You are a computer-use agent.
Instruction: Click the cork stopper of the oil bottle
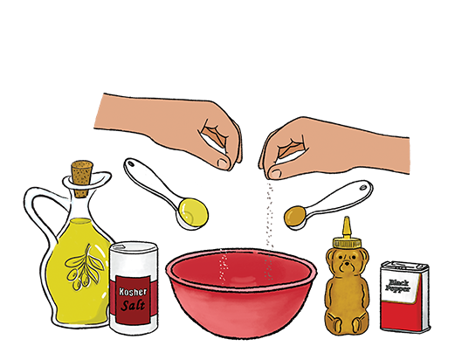click(x=82, y=178)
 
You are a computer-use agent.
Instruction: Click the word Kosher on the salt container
click(x=133, y=292)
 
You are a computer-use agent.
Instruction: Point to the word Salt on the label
click(x=133, y=306)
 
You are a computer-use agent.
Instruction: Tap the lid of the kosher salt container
click(x=134, y=247)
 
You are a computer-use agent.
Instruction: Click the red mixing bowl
click(x=241, y=293)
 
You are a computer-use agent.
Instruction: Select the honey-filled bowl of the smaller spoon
click(x=295, y=217)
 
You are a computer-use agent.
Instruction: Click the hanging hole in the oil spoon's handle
click(x=130, y=163)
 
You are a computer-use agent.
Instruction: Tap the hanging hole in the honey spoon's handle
click(x=363, y=187)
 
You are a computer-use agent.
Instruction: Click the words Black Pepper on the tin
click(x=397, y=286)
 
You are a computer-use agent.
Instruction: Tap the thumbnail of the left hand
click(x=223, y=163)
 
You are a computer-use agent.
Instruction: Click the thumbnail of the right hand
click(x=275, y=174)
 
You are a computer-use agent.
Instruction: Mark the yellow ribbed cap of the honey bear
click(x=347, y=243)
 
